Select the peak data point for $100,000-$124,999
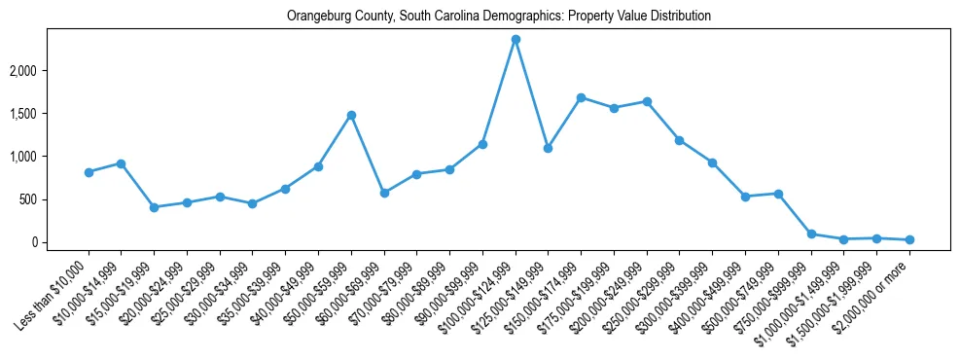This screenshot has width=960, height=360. click(516, 39)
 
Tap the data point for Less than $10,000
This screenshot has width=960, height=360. click(89, 172)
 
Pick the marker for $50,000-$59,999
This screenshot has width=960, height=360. click(351, 115)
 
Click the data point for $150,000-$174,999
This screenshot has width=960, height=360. click(581, 97)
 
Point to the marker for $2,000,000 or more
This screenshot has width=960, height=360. click(909, 239)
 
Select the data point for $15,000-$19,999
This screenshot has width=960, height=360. click(154, 207)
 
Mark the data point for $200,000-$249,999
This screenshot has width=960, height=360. click(647, 101)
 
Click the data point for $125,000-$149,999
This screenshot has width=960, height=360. click(549, 148)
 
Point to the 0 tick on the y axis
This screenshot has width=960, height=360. click(60, 242)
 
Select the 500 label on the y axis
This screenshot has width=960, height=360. click(54, 199)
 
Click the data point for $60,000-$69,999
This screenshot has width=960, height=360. click(384, 193)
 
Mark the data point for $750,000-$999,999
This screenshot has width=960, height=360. click(811, 234)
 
